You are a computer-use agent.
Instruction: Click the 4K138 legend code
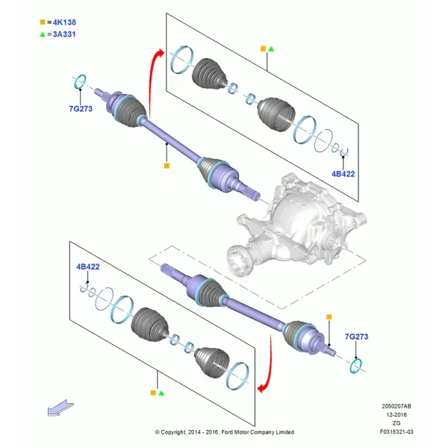(64, 22)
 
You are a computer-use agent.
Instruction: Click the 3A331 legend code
(64, 34)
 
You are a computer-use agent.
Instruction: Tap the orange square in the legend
(43, 22)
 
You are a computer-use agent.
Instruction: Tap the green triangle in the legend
(43, 34)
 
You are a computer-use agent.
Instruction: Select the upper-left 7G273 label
(81, 108)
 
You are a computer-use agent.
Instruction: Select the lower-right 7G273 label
(356, 337)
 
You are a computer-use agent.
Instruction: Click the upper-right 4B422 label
(343, 174)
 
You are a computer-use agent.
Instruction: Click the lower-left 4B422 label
(88, 267)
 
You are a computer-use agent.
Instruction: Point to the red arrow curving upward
(151, 83)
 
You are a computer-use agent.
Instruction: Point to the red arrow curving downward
(269, 369)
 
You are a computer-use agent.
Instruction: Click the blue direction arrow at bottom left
(60, 408)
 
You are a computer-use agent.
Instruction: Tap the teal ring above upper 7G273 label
(80, 81)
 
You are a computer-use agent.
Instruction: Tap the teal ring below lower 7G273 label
(356, 366)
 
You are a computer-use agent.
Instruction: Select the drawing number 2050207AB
(396, 406)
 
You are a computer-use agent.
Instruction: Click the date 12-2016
(396, 414)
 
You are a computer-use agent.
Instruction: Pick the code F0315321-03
(396, 432)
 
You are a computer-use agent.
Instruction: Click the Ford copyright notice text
(225, 432)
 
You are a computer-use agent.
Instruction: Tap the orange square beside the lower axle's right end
(329, 317)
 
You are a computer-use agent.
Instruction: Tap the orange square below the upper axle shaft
(167, 166)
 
